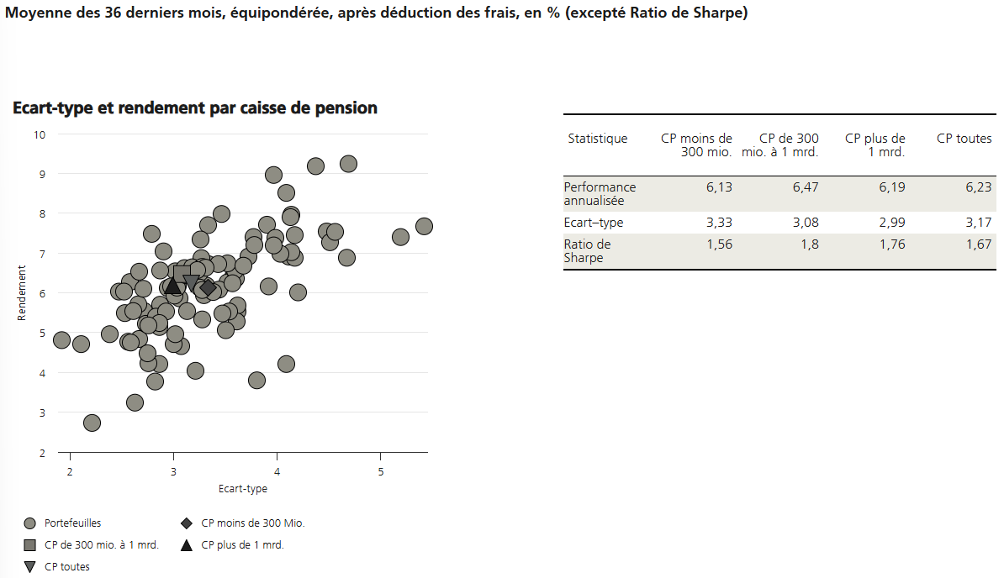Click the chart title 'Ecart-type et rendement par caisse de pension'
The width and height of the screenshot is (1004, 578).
[195, 108]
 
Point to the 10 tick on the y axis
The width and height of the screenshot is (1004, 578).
[40, 134]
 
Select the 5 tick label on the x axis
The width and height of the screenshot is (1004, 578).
[380, 470]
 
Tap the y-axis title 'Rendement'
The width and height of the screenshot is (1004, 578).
[23, 292]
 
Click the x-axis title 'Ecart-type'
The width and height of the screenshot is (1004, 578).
[242, 489]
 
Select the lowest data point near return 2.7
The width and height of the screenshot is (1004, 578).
[92, 423]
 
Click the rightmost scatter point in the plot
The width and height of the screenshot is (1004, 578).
[424, 226]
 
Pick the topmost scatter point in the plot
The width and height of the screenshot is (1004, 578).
[348, 164]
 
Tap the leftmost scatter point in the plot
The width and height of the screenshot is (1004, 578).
[61, 340]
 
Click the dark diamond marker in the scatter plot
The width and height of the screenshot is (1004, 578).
[208, 288]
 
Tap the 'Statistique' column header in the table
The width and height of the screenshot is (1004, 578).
[598, 139]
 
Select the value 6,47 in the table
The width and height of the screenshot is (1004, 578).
[805, 187]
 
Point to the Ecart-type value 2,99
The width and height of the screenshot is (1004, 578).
[891, 223]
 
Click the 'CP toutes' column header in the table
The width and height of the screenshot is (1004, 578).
[964, 139]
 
